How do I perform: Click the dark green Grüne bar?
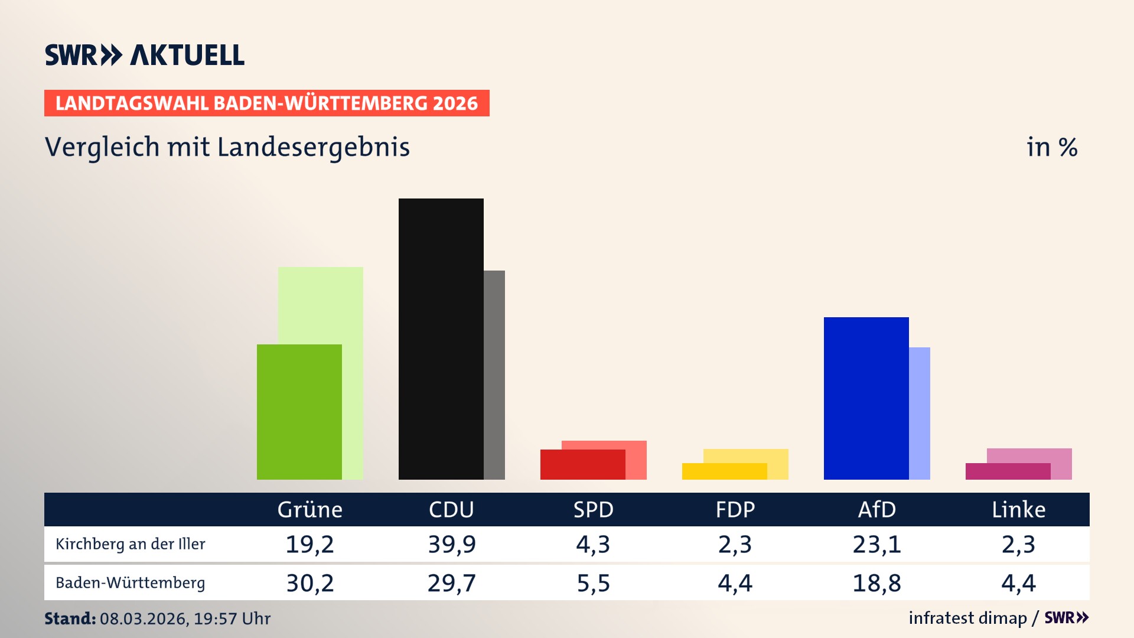[x=299, y=412]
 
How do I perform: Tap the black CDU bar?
[x=441, y=338]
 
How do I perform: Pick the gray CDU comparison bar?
[x=494, y=375]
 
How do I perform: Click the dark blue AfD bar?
[x=866, y=398]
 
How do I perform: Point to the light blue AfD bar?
[x=920, y=413]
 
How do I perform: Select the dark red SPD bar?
[x=582, y=464]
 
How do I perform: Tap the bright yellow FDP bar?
[x=724, y=471]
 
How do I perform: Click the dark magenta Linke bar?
[x=1008, y=471]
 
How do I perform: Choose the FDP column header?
[x=735, y=509]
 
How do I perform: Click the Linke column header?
[x=1018, y=509]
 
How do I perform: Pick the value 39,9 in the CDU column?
[x=452, y=544]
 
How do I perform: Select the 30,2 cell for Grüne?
[x=310, y=583]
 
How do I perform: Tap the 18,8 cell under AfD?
[x=876, y=583]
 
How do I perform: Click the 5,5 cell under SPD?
[x=593, y=583]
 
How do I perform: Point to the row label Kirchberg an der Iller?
[x=131, y=544]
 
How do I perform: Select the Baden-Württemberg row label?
[x=131, y=583]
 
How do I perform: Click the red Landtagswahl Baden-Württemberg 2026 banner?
[x=266, y=103]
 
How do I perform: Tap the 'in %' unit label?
[x=1051, y=147]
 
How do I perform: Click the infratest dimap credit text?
[x=967, y=618]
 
